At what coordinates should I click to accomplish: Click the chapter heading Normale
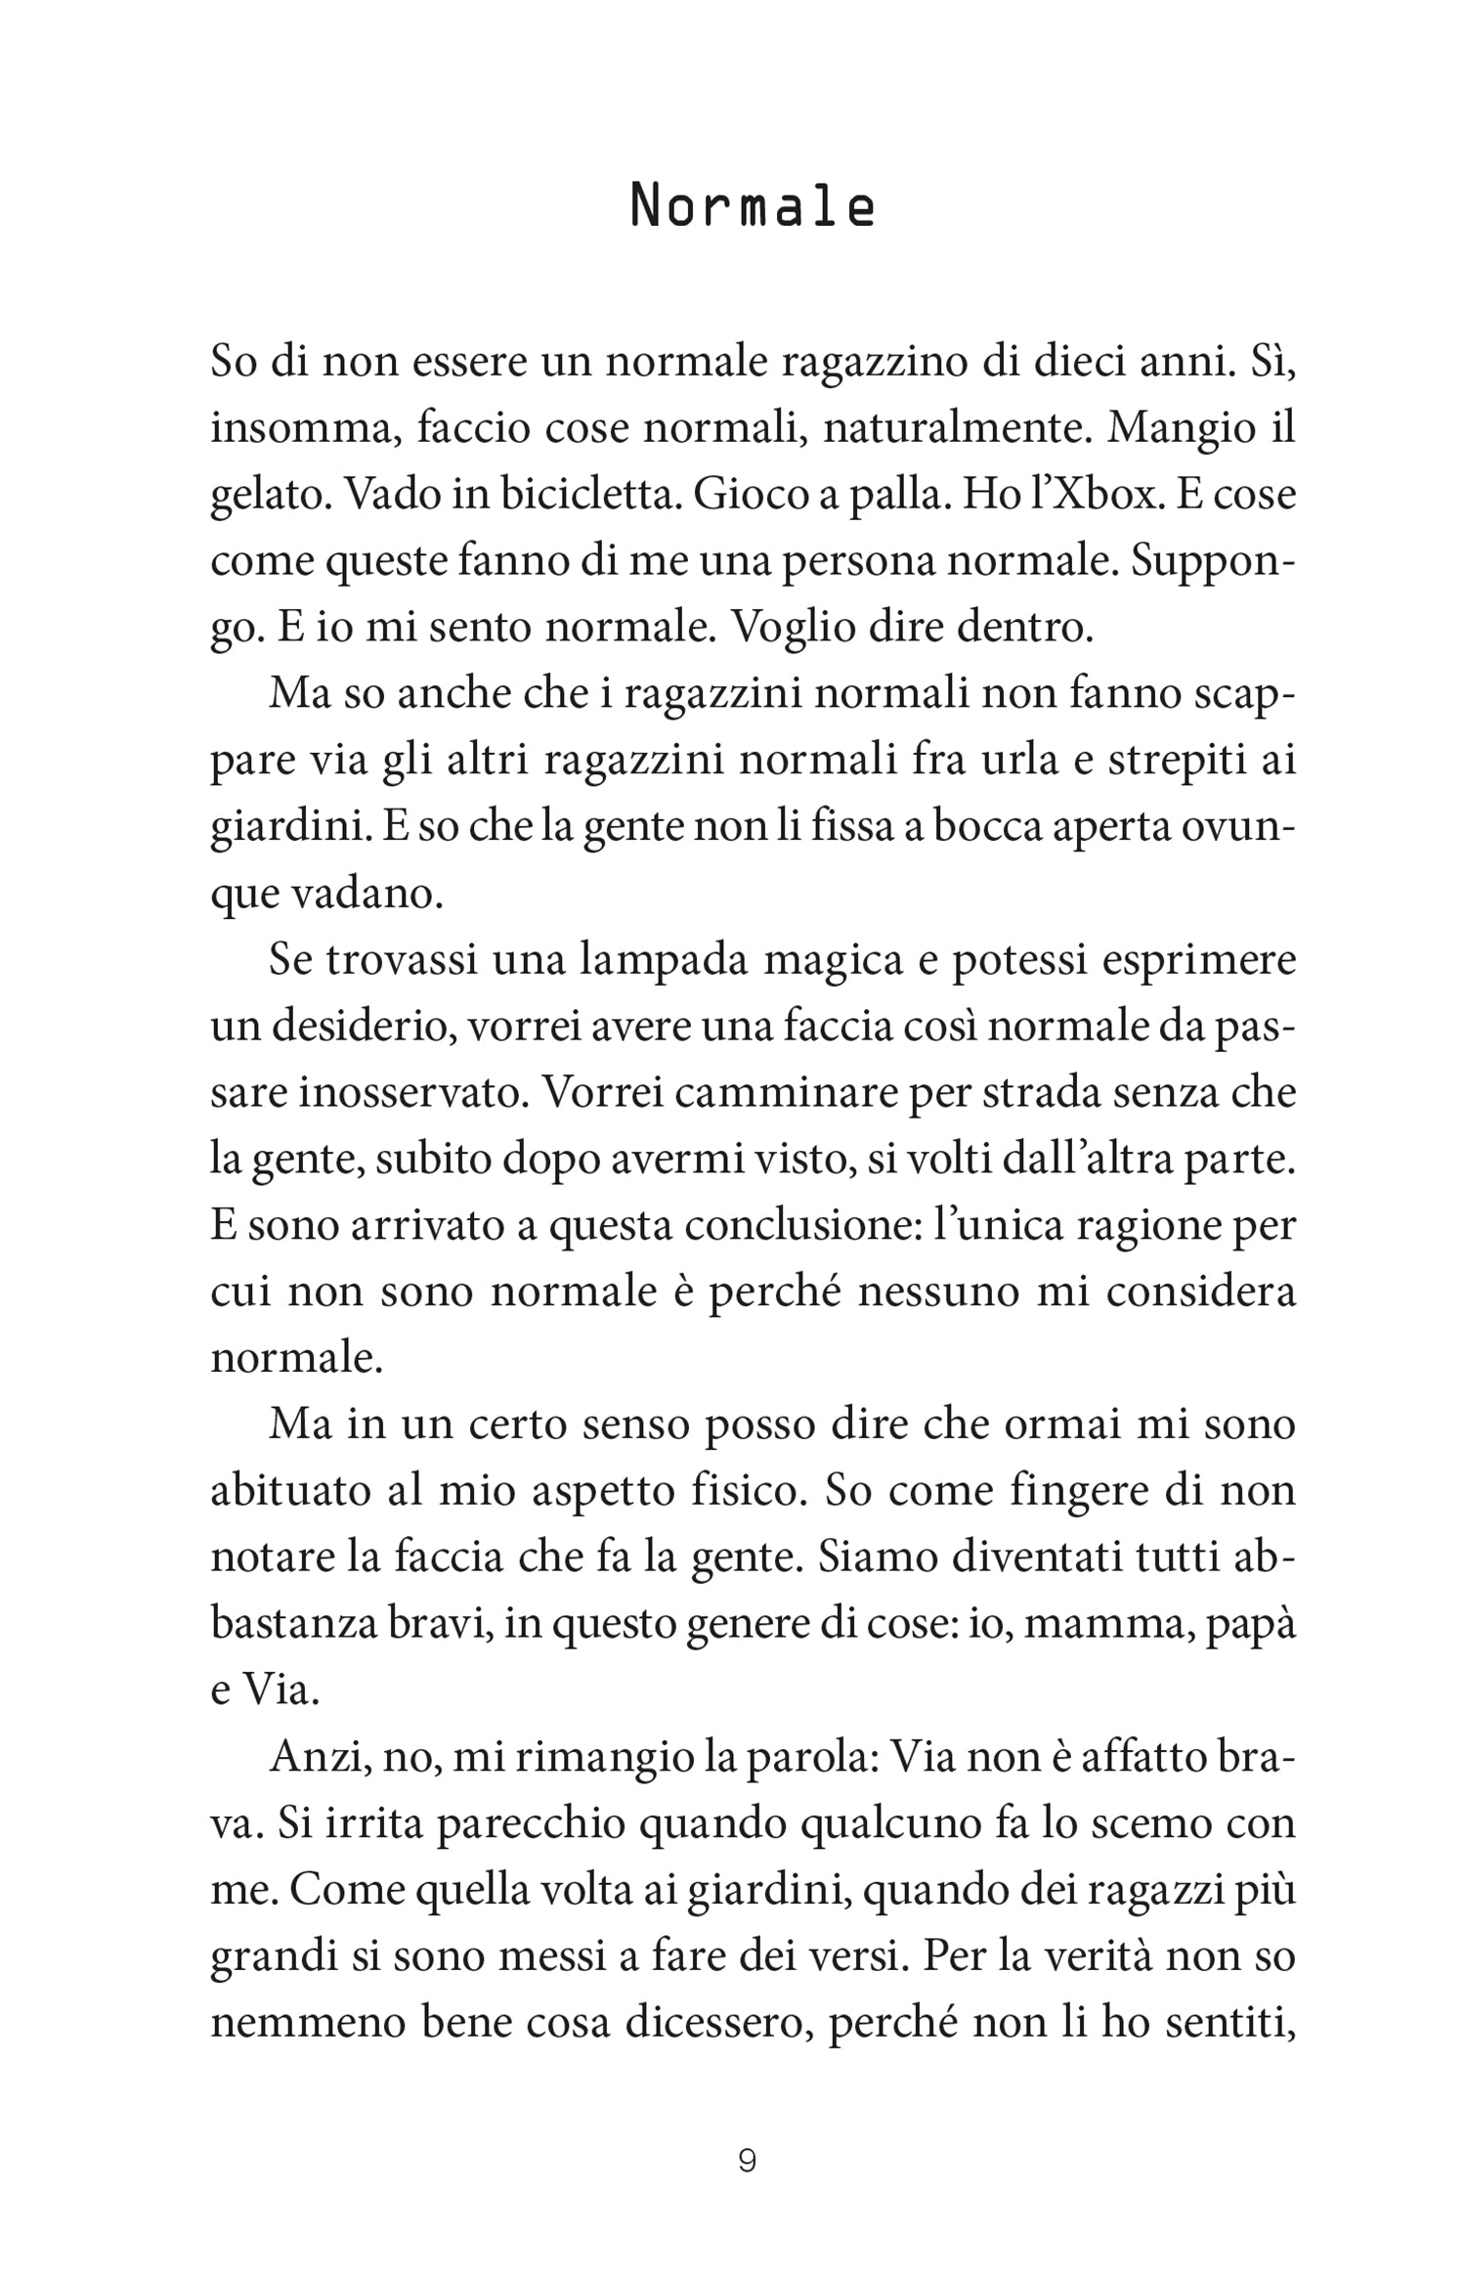[x=752, y=207]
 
